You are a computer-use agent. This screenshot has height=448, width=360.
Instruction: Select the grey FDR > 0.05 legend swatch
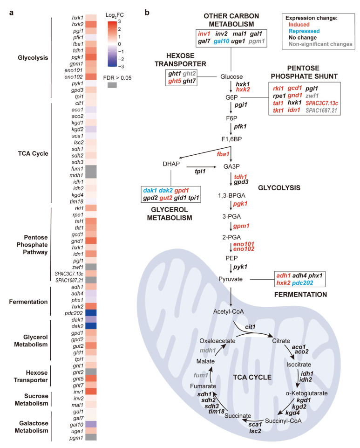(x=112, y=85)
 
